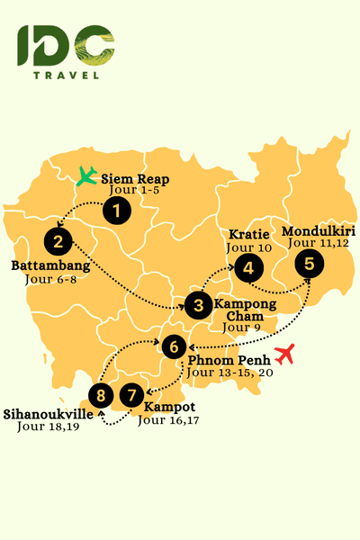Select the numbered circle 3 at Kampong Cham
coord(198,305)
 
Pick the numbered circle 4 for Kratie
coord(247,266)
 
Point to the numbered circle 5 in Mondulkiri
coord(310,264)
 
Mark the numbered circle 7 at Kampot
coord(132,394)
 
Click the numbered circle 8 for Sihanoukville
coord(102,394)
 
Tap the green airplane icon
coord(86,175)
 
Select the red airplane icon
coord(286,355)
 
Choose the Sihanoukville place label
coord(50,415)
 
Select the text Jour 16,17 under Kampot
coord(165,420)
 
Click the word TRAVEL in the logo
coord(66,75)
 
